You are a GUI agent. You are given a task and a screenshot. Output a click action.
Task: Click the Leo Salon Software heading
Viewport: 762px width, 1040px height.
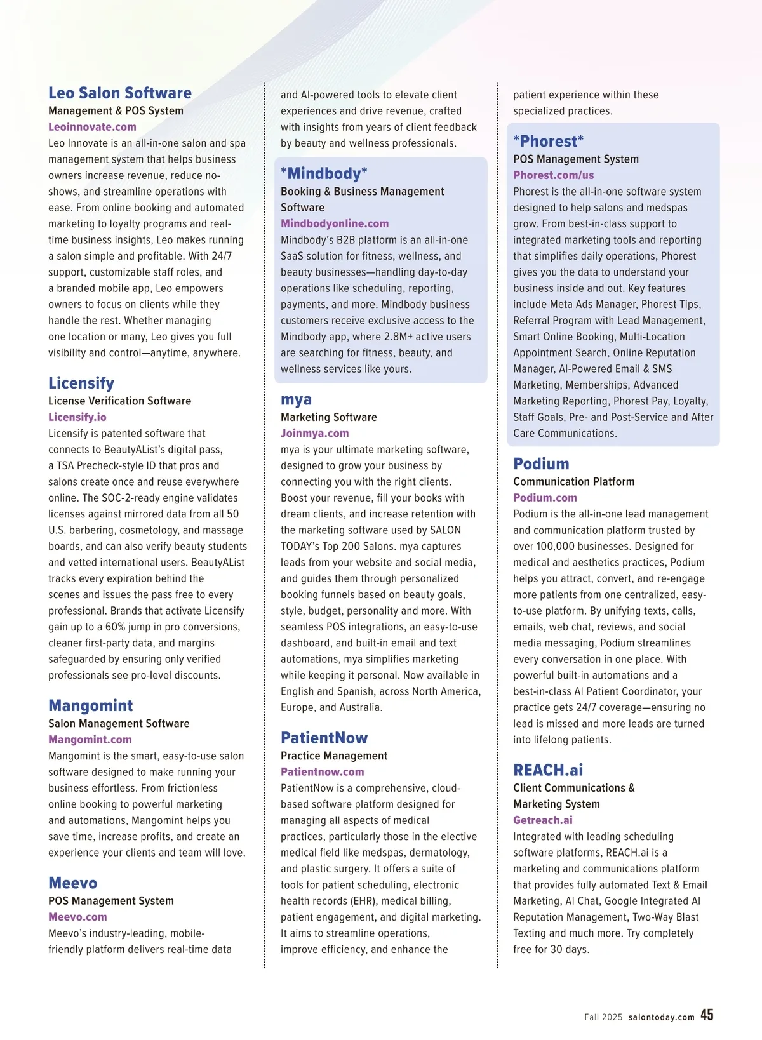coord(120,93)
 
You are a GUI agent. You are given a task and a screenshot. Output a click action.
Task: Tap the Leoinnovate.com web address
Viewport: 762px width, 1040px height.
coord(92,127)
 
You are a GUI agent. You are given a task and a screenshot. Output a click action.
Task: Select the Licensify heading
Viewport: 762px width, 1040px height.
coord(81,383)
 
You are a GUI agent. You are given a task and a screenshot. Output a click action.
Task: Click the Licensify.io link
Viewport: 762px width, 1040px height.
coord(77,417)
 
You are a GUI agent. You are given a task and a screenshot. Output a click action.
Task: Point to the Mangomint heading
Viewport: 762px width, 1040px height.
coord(91,706)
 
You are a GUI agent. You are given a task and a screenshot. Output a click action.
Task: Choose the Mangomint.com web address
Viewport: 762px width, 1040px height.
coord(90,740)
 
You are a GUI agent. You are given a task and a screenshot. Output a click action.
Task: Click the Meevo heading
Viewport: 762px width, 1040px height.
coord(73,883)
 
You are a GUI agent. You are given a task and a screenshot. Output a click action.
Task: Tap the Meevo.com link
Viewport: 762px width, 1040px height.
coord(77,917)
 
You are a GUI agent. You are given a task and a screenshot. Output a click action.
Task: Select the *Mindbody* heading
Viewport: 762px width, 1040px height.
coord(324,174)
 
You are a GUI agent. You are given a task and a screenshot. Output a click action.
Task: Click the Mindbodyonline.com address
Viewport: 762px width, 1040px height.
coord(335,223)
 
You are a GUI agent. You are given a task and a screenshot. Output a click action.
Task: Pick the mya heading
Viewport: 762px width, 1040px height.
coord(296,400)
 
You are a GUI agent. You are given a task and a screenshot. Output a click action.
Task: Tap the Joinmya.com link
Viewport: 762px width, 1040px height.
coord(315,433)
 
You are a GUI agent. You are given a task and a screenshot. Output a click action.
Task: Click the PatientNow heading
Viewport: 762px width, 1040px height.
coord(324,738)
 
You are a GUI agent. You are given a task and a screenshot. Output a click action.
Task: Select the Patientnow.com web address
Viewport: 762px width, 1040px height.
coord(323,772)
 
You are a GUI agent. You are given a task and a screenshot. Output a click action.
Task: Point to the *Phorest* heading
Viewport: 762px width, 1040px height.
coord(548,142)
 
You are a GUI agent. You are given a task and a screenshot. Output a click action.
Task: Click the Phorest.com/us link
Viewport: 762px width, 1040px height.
coord(554,175)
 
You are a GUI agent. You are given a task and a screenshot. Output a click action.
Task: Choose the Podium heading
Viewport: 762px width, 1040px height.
coord(541,464)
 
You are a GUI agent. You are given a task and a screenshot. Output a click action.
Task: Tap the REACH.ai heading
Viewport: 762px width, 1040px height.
coord(548,770)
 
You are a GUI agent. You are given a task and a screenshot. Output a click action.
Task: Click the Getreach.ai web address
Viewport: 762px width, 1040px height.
coord(543,820)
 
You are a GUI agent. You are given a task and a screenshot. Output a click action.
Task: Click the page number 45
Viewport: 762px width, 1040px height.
coord(707,1015)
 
